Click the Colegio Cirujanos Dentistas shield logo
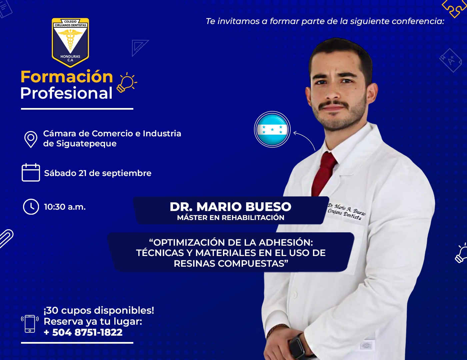click(x=70, y=42)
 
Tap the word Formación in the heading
click(x=67, y=77)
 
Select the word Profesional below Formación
click(x=66, y=93)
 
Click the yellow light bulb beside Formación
click(x=127, y=83)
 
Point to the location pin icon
click(x=31, y=139)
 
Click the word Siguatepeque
click(x=86, y=144)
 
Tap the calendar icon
click(x=31, y=173)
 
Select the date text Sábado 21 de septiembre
click(x=98, y=173)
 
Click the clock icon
click(x=31, y=207)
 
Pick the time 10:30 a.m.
click(x=65, y=207)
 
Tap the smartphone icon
click(x=30, y=324)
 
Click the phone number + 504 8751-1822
click(x=83, y=332)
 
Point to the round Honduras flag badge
click(x=272, y=129)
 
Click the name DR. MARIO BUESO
click(x=231, y=207)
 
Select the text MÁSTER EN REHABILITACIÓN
click(x=231, y=218)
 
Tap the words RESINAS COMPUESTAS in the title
click(x=231, y=263)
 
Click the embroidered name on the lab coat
click(x=346, y=211)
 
